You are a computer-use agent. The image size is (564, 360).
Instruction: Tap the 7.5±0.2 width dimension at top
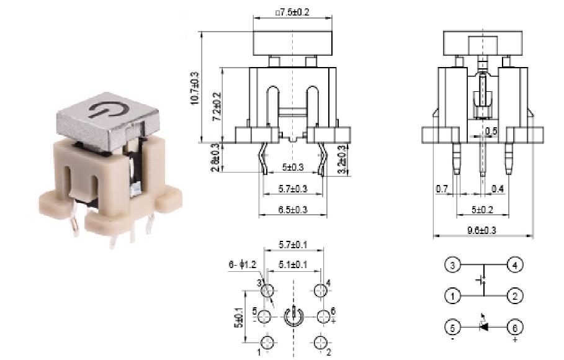[x=293, y=12]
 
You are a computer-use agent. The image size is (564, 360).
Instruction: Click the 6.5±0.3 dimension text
[x=292, y=210]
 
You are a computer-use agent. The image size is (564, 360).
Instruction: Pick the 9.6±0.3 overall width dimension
[x=481, y=230]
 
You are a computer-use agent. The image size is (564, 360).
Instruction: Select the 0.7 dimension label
[x=442, y=188]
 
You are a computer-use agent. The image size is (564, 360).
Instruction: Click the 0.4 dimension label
[x=498, y=188]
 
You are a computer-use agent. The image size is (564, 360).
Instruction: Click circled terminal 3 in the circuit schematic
[x=452, y=265]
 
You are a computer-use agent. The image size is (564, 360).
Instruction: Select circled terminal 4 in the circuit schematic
[x=514, y=265]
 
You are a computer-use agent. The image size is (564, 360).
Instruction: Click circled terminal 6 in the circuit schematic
[x=514, y=326]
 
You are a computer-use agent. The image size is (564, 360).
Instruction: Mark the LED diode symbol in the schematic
[x=483, y=326]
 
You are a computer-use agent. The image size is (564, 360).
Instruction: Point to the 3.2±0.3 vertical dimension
[x=341, y=159]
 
